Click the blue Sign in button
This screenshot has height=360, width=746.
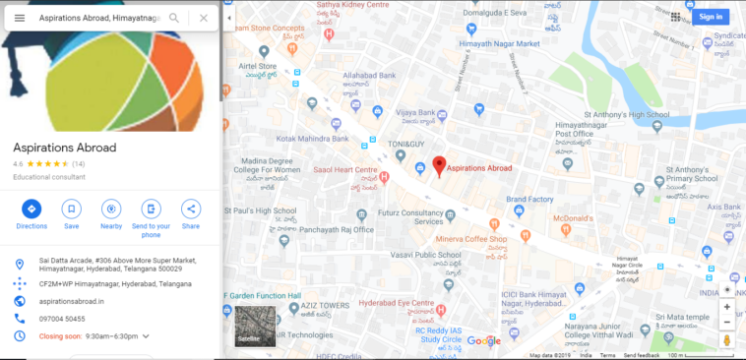click(x=710, y=17)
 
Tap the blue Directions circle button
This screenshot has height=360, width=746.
click(x=31, y=209)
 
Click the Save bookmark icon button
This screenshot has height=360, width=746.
click(x=72, y=209)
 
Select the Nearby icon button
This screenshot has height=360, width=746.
click(x=111, y=209)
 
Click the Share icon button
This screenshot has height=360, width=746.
click(x=191, y=209)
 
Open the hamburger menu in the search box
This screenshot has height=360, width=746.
click(x=20, y=18)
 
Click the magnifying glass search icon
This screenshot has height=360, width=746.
click(x=174, y=18)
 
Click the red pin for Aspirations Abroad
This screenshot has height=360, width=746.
click(x=440, y=166)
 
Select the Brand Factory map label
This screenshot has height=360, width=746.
click(x=529, y=200)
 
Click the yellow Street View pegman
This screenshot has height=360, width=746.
click(x=727, y=340)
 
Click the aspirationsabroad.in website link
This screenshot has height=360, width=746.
click(x=72, y=300)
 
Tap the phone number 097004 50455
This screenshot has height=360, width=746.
click(x=62, y=319)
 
